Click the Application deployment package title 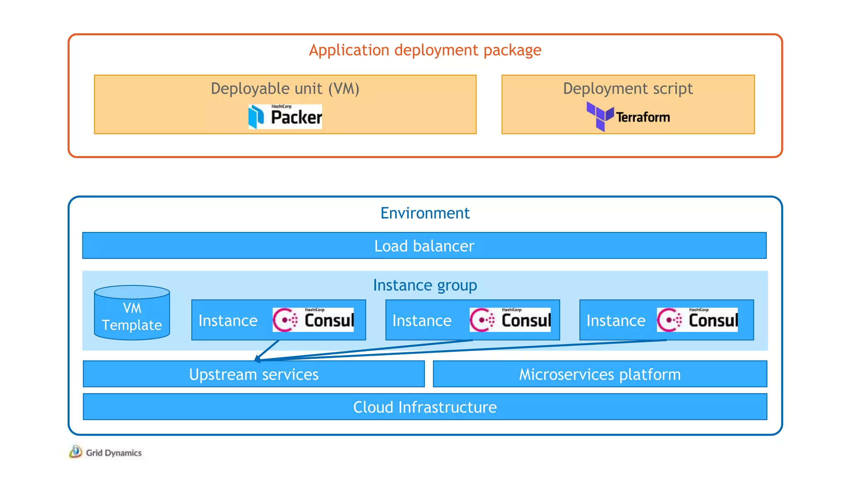pyautogui.click(x=425, y=50)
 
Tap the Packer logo pyautogui.click(x=285, y=117)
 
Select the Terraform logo pyautogui.click(x=628, y=117)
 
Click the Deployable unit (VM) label pyautogui.click(x=285, y=89)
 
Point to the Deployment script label pyautogui.click(x=628, y=89)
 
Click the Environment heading pyautogui.click(x=425, y=213)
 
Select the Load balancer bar pyautogui.click(x=424, y=246)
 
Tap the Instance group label pyautogui.click(x=425, y=285)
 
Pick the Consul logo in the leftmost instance pyautogui.click(x=313, y=320)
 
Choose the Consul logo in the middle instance pyautogui.click(x=510, y=320)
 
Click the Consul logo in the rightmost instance pyautogui.click(x=697, y=320)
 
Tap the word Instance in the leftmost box pyautogui.click(x=228, y=321)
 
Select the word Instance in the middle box pyautogui.click(x=422, y=321)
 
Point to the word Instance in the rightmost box pyautogui.click(x=616, y=321)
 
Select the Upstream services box pyautogui.click(x=254, y=374)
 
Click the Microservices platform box pyautogui.click(x=600, y=374)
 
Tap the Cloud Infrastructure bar pyautogui.click(x=425, y=407)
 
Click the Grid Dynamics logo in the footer pyautogui.click(x=106, y=452)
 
